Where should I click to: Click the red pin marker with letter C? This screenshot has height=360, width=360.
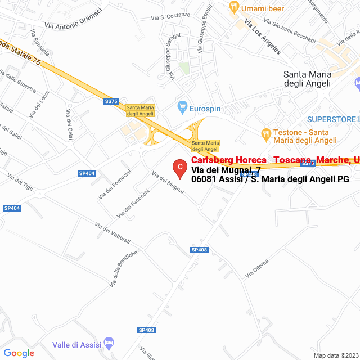tap(179, 168)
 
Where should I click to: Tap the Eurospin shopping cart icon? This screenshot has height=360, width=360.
tap(182, 106)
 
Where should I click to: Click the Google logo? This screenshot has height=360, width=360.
tap(19, 353)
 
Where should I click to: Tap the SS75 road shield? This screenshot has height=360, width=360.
tap(111, 101)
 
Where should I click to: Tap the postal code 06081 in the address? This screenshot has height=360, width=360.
tap(204, 179)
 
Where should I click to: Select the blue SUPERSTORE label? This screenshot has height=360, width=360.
tap(332, 119)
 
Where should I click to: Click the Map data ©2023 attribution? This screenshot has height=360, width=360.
tap(335, 355)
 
